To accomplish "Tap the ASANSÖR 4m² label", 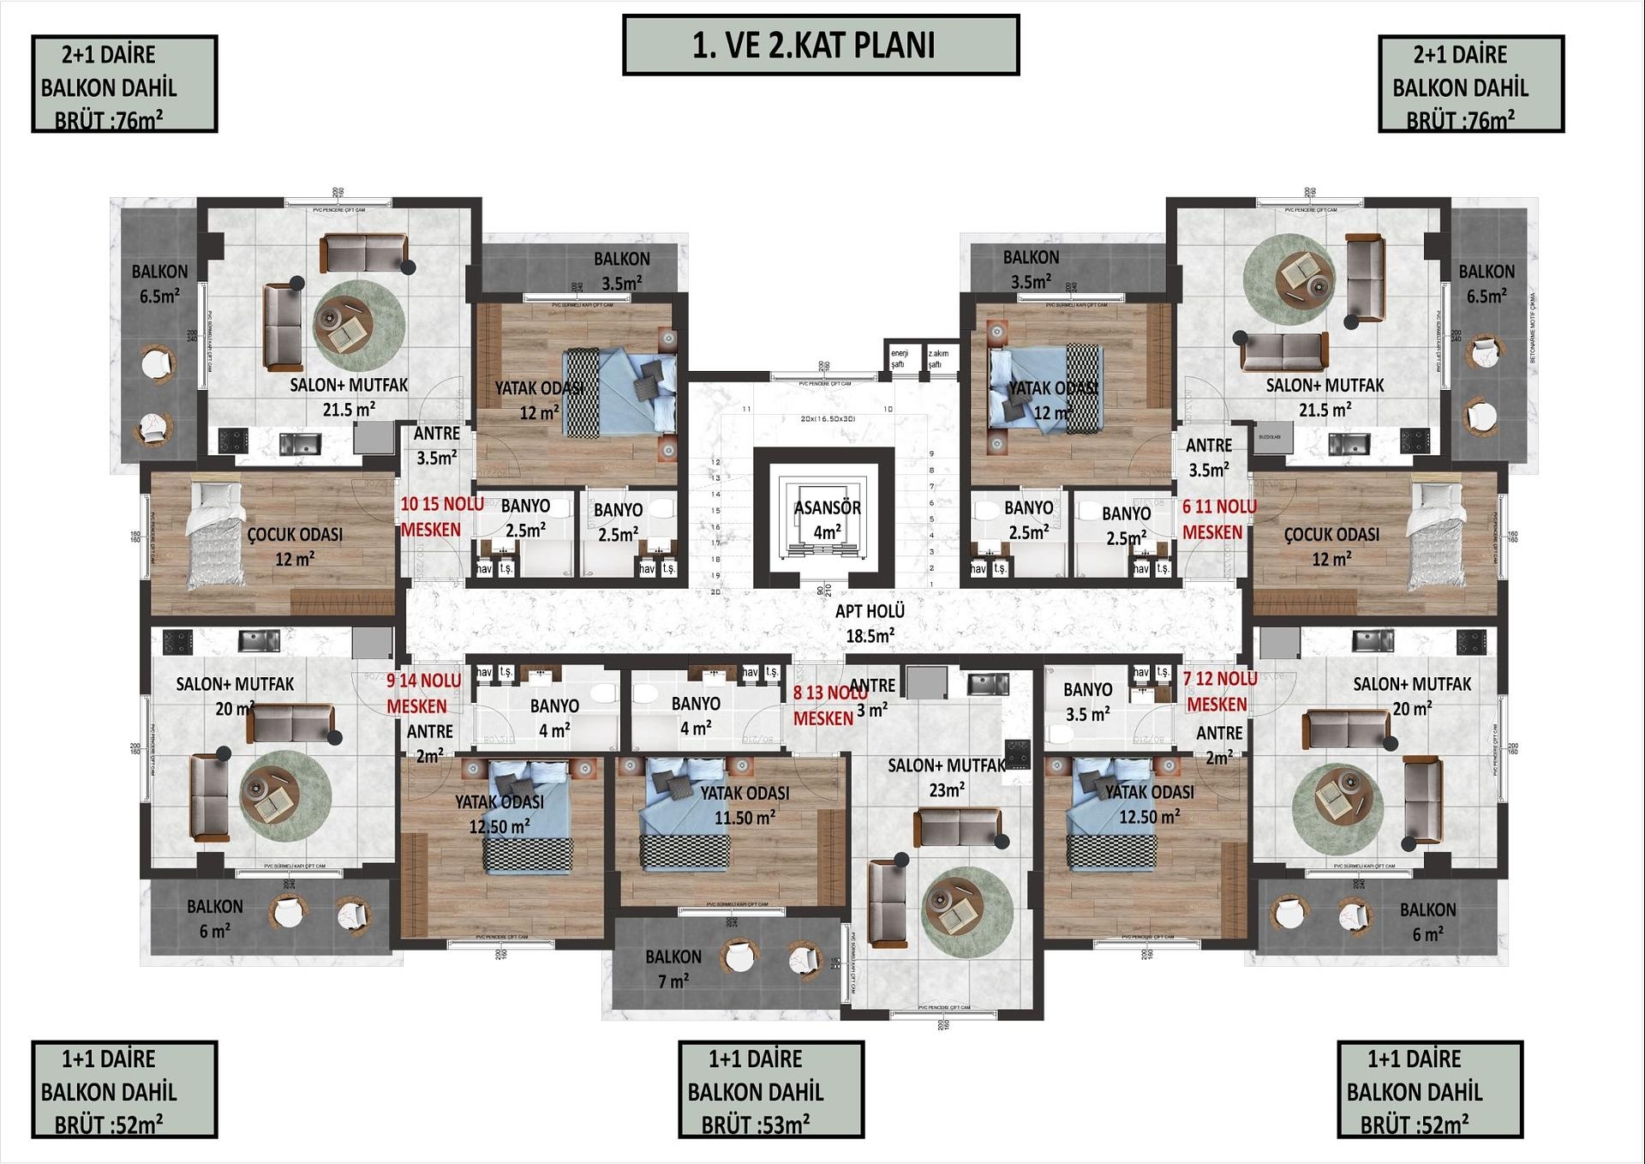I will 826,519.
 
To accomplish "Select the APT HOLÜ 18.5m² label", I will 870,623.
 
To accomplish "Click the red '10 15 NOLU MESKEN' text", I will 440,517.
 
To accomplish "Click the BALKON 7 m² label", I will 673,969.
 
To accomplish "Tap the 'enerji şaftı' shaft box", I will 900,357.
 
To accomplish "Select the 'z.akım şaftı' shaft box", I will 938,357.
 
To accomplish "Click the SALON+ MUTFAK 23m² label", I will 946,777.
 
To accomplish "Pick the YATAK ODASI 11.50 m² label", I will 745,805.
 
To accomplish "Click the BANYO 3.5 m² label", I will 1087,701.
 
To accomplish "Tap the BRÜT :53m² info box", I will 770,1089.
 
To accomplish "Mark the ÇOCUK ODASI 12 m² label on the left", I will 295,546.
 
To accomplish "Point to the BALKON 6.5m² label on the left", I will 159,284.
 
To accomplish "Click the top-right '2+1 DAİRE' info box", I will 1470,84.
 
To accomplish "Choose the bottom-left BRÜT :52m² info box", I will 124,1089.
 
